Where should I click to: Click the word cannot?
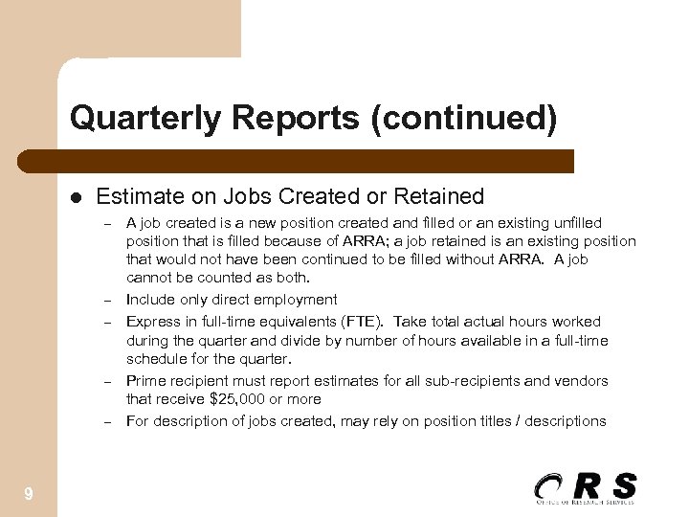click(147, 279)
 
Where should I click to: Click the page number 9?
click(30, 494)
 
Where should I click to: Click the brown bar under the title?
click(316, 162)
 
